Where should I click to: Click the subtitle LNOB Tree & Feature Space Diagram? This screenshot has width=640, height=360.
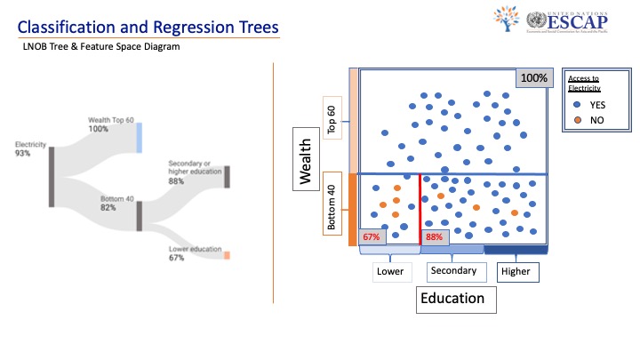point(102,48)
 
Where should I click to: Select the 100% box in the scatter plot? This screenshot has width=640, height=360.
point(534,78)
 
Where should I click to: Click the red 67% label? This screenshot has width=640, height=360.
point(371,237)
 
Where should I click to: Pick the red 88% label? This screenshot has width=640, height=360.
point(434,237)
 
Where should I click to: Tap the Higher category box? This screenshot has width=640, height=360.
point(514,271)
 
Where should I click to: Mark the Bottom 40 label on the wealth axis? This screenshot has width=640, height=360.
point(331,208)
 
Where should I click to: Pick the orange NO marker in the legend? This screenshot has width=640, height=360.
point(579,118)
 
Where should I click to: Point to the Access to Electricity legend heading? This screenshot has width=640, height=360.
point(584,84)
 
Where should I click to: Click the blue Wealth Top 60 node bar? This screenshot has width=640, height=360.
point(139,138)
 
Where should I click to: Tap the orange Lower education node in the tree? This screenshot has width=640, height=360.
point(227,255)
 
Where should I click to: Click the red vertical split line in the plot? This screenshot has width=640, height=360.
point(420,209)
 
